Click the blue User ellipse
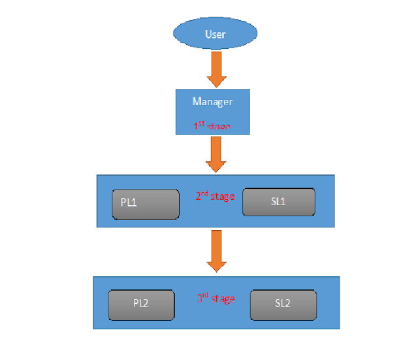215,34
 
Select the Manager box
212,112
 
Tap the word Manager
212,102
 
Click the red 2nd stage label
215,196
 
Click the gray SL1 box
278,202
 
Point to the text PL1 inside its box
129,203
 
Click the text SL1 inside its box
278,202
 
